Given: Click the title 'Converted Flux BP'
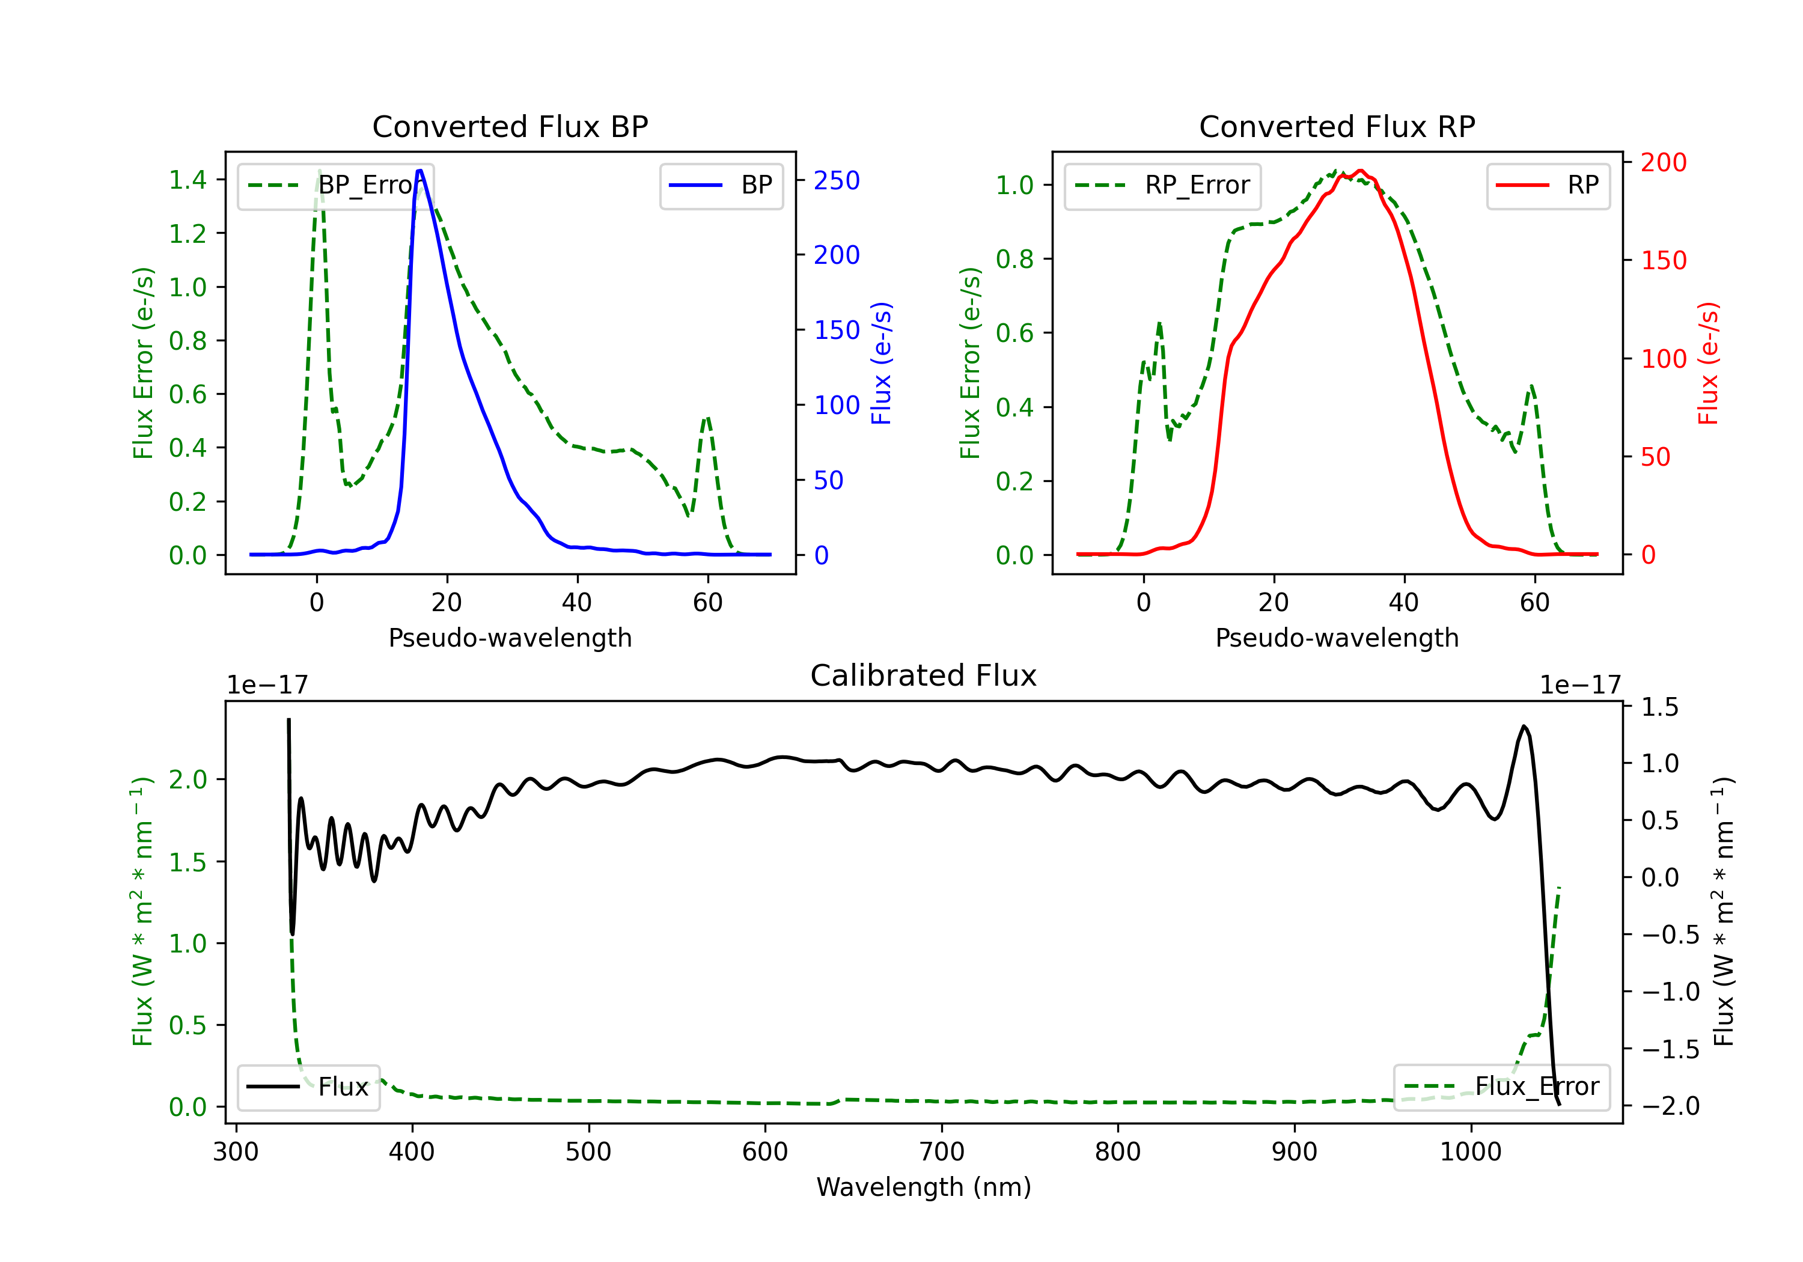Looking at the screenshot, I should click(510, 126).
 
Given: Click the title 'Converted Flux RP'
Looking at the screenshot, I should click(1337, 126).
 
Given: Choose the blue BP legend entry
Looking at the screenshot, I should click(721, 185).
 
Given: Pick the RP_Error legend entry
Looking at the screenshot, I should click(1162, 185).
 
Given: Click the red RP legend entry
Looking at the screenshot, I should click(1548, 185).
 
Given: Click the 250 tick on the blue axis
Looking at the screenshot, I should click(837, 181).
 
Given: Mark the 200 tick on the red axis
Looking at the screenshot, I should click(1663, 163).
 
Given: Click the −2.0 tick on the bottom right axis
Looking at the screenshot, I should click(1670, 1106).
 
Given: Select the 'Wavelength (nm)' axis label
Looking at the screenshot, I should click(924, 1187).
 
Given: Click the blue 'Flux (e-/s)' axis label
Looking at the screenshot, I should click(881, 363).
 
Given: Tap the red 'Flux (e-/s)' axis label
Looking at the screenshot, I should click(1708, 363).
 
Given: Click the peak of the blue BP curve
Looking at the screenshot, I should click(420, 171).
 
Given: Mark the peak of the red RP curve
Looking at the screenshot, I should click(1361, 171).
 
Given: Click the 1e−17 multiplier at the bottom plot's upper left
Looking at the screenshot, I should click(267, 685).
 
